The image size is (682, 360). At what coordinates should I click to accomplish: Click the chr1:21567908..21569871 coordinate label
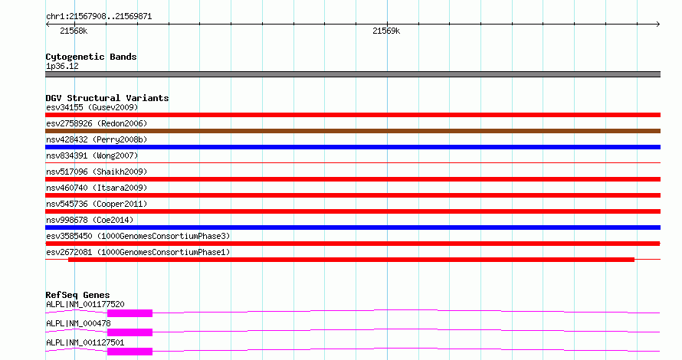tap(99, 17)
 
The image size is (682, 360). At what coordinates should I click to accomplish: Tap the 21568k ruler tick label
tap(74, 31)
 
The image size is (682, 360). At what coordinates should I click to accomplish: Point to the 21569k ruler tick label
tap(386, 31)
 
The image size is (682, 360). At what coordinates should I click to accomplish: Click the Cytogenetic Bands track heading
tap(91, 57)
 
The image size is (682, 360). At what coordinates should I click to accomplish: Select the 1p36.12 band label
tap(62, 66)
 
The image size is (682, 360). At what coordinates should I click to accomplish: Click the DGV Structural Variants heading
tap(107, 98)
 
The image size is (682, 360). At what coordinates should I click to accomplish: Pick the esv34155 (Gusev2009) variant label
tap(92, 107)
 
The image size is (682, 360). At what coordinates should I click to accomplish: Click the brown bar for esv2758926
tap(352, 131)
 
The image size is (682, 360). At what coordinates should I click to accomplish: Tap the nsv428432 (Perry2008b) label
tap(97, 139)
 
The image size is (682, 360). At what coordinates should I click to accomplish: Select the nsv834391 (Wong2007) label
tap(92, 155)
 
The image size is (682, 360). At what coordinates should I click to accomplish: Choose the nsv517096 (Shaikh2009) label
tap(97, 172)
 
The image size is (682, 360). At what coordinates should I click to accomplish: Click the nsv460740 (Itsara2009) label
tap(97, 188)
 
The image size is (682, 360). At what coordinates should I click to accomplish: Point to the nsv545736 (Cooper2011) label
tap(97, 204)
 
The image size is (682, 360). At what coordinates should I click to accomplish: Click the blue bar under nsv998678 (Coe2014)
tap(352, 227)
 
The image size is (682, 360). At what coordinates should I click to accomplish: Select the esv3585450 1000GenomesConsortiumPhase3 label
tap(138, 236)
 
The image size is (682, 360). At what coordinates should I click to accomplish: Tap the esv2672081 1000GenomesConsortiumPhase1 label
tap(138, 252)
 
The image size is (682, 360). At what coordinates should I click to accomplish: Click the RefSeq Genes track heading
tap(78, 295)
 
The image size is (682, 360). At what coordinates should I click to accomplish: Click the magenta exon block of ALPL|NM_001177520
tap(130, 313)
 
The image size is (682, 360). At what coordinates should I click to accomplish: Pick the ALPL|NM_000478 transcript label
tap(78, 323)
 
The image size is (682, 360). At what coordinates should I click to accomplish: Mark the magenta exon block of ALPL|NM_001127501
tap(130, 352)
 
